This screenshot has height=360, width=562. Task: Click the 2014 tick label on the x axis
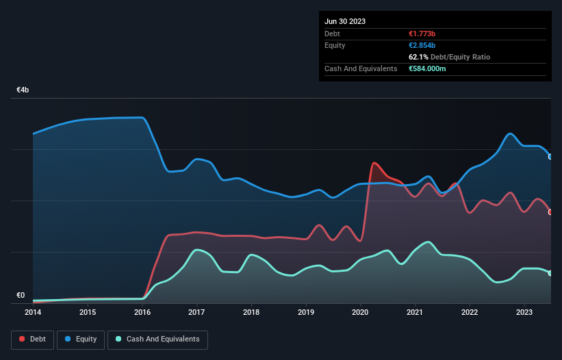[x=33, y=313]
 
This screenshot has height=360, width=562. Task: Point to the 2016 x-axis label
[x=142, y=313]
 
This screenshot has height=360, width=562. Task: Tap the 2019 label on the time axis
[x=306, y=313]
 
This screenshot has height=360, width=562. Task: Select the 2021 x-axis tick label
[x=415, y=313]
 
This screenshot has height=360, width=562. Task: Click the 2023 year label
[x=524, y=313]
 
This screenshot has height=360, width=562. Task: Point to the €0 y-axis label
[x=21, y=296]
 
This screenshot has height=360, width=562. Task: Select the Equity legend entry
[x=81, y=339]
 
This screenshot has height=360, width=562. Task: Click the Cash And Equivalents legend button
[x=157, y=339]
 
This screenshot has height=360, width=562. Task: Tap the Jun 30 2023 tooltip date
[x=345, y=21]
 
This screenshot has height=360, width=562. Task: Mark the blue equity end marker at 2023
[x=550, y=157]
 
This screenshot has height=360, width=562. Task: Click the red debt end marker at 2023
[x=550, y=212]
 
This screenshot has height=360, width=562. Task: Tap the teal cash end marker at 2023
[x=550, y=273]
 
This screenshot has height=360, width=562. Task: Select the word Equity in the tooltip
[x=335, y=45]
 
